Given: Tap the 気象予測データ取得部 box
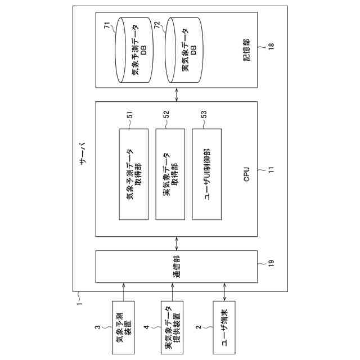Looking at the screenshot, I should pos(134,174).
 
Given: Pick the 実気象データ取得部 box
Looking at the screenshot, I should pos(170,174).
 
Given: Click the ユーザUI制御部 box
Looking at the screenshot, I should pos(206,174).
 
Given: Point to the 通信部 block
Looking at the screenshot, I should pos(176,266).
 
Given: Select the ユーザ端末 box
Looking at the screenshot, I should pos(225,327).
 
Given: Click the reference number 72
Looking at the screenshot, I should pos(158,25).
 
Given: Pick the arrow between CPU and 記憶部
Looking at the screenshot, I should pos(176,94).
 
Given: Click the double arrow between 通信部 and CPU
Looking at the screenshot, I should pos(176,244).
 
